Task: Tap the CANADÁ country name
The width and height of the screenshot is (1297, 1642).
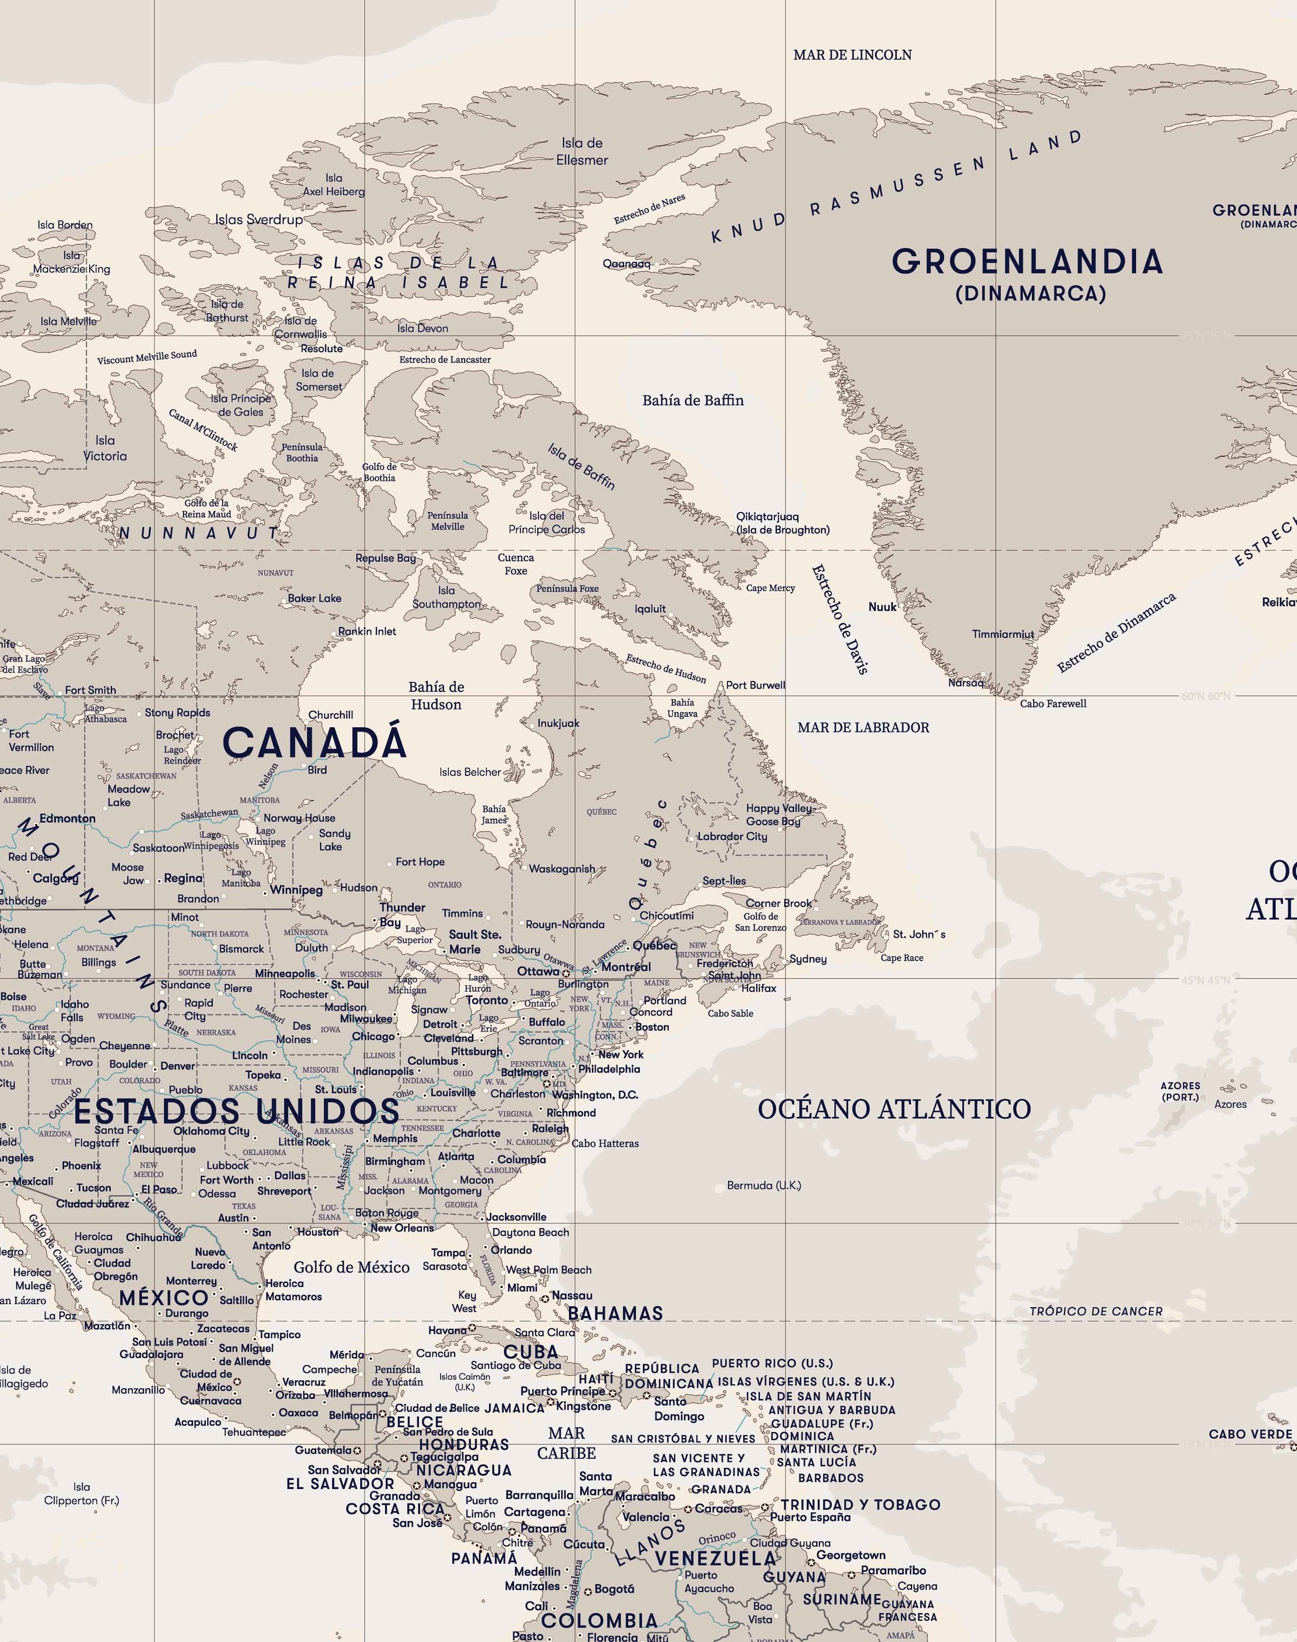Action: pyautogui.click(x=314, y=742)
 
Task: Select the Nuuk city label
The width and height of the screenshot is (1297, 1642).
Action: pyautogui.click(x=882, y=606)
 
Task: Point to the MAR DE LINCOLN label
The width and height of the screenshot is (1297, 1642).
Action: pyautogui.click(x=852, y=55)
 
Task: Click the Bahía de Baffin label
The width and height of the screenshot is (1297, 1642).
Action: pyautogui.click(x=693, y=400)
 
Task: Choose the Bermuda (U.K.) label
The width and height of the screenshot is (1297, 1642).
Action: pyautogui.click(x=763, y=1185)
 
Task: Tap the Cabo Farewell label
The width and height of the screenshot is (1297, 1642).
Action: pyautogui.click(x=1052, y=704)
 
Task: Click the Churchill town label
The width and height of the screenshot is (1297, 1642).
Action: pyautogui.click(x=330, y=714)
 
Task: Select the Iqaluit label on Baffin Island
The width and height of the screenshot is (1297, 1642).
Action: pyautogui.click(x=650, y=609)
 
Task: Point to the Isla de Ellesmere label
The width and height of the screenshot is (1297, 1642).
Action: pyautogui.click(x=582, y=151)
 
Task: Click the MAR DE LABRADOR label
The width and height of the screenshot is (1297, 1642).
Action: pyautogui.click(x=863, y=727)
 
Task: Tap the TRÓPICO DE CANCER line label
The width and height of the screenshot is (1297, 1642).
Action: pyautogui.click(x=1095, y=1311)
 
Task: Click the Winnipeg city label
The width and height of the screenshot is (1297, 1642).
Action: pyautogui.click(x=296, y=890)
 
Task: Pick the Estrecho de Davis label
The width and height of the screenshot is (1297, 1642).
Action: pyautogui.click(x=839, y=619)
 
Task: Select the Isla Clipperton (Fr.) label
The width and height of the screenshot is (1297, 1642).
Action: pyautogui.click(x=82, y=1493)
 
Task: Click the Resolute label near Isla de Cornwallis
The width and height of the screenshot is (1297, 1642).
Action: pyautogui.click(x=321, y=348)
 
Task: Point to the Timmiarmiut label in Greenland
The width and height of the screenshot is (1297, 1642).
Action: pyautogui.click(x=1003, y=634)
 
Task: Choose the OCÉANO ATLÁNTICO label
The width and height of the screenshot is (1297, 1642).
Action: pyautogui.click(x=894, y=1109)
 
